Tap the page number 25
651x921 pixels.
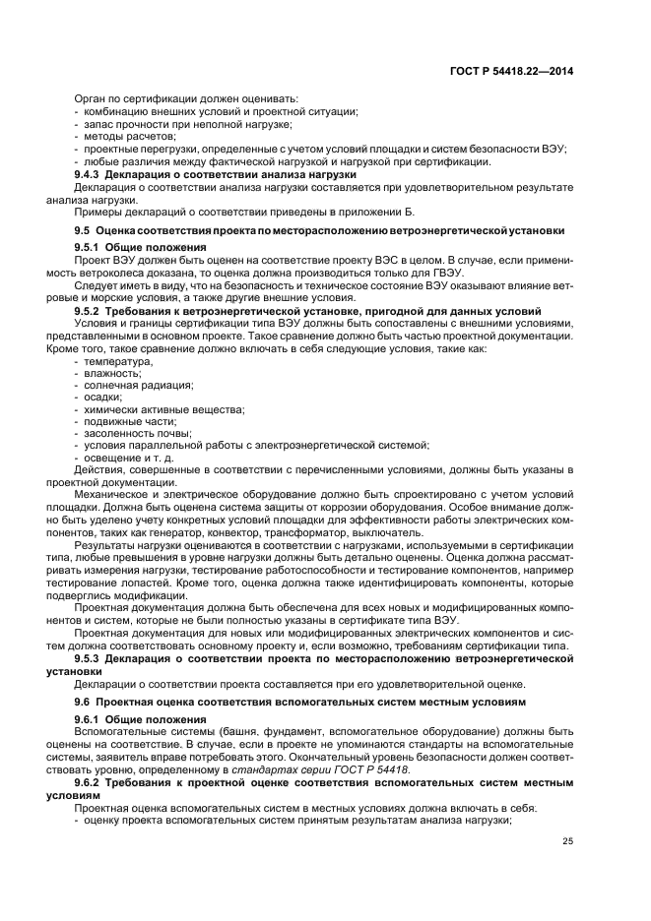567,839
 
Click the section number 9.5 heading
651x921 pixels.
83,230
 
